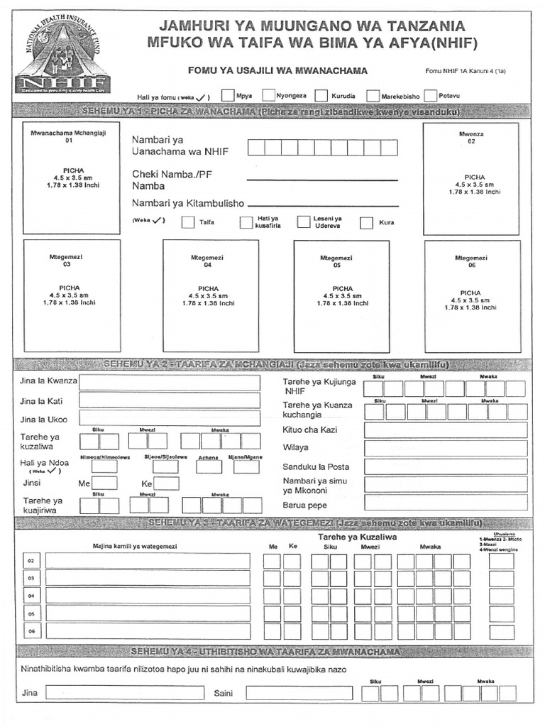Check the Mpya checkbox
(228, 95)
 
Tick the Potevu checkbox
(431, 95)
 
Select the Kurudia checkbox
(321, 95)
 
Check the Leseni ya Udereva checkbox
(304, 222)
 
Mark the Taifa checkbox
(187, 222)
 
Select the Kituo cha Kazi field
(445, 430)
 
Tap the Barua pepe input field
(445, 503)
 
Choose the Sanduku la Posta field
(445, 466)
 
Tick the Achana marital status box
(208, 466)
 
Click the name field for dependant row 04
(148, 596)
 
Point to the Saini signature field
(299, 693)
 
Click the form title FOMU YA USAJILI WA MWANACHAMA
(277, 71)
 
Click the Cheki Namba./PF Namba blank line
(322, 180)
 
